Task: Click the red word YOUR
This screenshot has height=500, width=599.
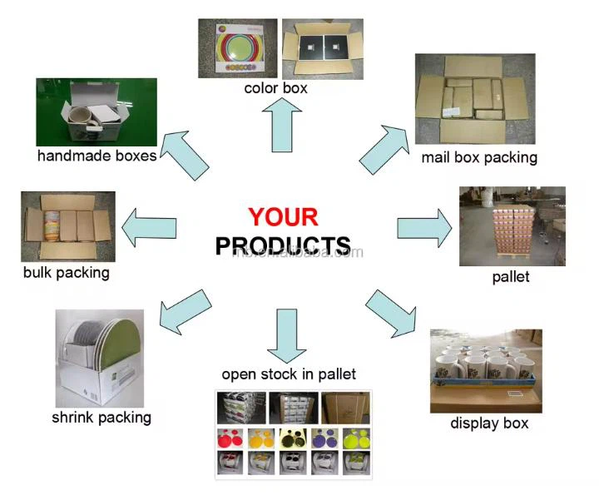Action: pyautogui.click(x=283, y=217)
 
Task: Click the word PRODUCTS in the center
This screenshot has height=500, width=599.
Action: pyautogui.click(x=283, y=245)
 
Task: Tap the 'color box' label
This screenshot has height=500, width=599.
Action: pyautogui.click(x=275, y=88)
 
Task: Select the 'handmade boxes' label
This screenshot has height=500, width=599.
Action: pyautogui.click(x=97, y=156)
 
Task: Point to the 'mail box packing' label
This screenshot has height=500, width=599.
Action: pyautogui.click(x=478, y=157)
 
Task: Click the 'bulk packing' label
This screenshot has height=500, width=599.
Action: pyautogui.click(x=67, y=272)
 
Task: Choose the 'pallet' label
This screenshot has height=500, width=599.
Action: pyautogui.click(x=510, y=276)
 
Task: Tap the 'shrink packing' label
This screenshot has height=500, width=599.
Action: pyautogui.click(x=101, y=417)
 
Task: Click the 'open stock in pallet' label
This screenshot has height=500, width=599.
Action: pyautogui.click(x=289, y=374)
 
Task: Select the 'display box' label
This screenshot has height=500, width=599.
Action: pyautogui.click(x=489, y=423)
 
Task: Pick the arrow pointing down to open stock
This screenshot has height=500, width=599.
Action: pyautogui.click(x=286, y=334)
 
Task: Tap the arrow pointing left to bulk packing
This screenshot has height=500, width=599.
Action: pyautogui.click(x=150, y=225)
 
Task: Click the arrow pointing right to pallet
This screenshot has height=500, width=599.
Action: pyautogui.click(x=423, y=225)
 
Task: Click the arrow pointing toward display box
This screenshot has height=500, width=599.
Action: pyautogui.click(x=390, y=311)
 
